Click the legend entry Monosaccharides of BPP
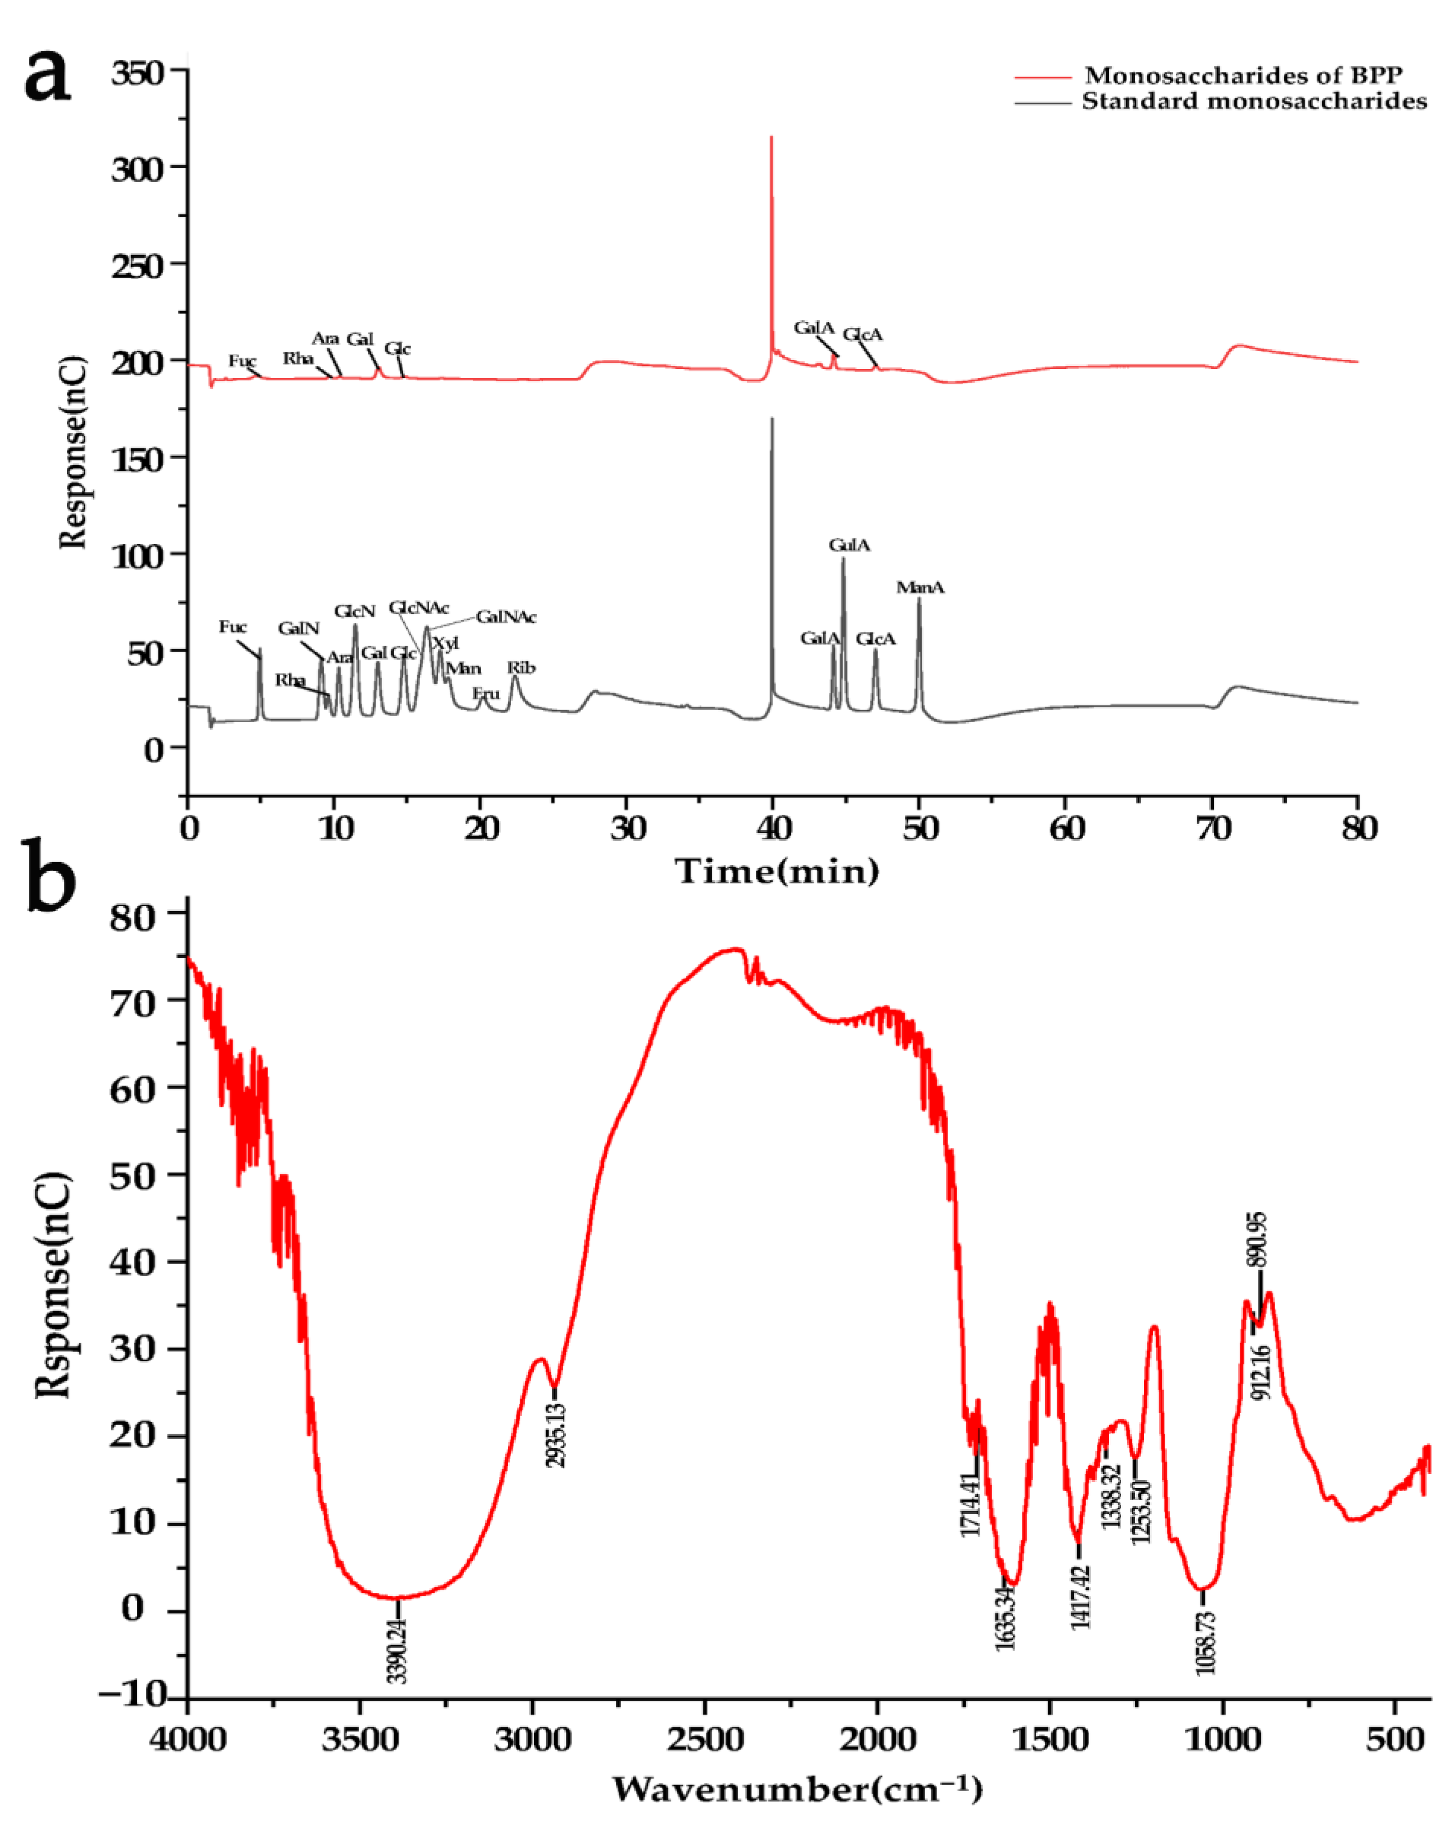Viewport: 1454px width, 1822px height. tap(1242, 75)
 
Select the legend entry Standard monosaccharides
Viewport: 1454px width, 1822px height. tap(1254, 101)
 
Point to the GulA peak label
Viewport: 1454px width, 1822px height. tap(849, 545)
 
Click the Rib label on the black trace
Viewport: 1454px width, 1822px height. tap(521, 667)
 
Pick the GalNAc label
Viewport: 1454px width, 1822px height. tap(506, 617)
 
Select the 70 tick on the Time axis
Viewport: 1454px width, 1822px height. tap(1213, 828)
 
